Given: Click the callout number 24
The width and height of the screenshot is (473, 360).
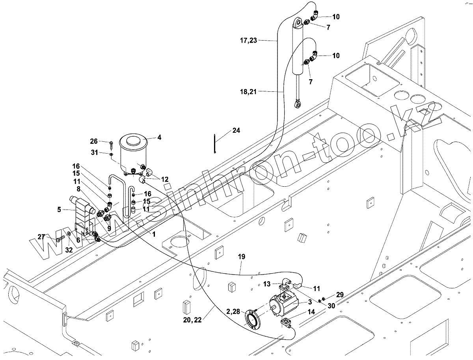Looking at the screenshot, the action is (x=236, y=130).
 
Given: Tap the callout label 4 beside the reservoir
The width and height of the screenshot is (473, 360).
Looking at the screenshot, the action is (x=159, y=137).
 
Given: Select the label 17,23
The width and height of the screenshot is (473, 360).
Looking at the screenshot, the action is (x=248, y=41).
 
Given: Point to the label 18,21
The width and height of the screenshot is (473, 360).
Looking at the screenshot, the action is (x=248, y=92).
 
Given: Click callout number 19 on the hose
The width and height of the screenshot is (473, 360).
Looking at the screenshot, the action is (x=242, y=257).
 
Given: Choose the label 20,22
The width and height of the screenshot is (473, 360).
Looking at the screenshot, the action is (x=192, y=320).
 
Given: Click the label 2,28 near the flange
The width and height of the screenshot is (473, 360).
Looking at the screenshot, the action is (x=233, y=312).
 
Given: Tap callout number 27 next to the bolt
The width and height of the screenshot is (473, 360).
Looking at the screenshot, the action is (x=41, y=237).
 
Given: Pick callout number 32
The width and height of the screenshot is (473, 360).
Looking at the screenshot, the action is (x=69, y=250).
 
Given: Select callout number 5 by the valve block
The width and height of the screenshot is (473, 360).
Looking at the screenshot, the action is (x=59, y=210).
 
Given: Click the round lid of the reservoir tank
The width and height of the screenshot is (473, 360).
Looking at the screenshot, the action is (x=133, y=141).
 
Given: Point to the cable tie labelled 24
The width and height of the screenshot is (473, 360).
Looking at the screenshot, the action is (x=215, y=144).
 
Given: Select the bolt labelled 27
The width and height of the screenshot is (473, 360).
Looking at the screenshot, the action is (x=61, y=238).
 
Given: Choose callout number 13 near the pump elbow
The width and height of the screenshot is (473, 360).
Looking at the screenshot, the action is (x=267, y=284).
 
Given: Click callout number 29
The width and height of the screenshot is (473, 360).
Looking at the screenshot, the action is (x=340, y=295).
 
